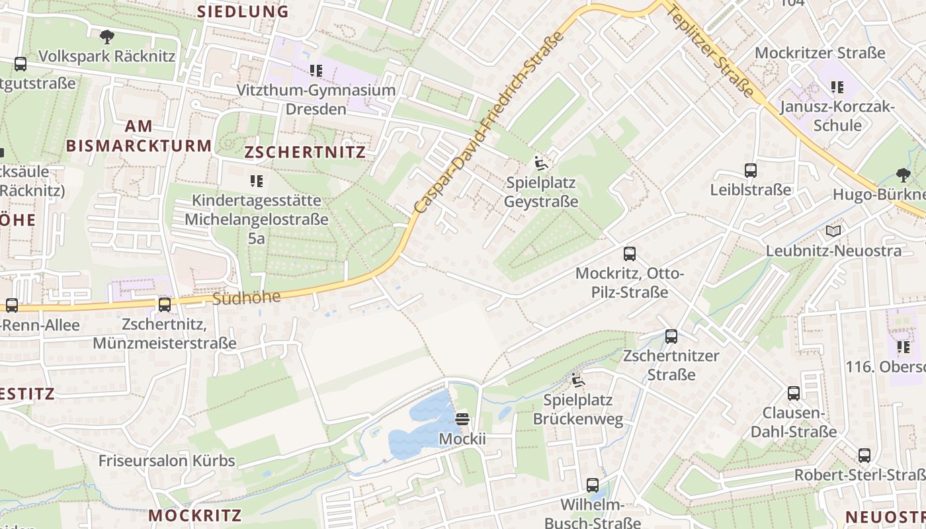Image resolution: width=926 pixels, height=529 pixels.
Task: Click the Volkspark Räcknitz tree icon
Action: (x=106, y=36)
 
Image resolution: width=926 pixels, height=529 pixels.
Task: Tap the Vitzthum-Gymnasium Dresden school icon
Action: (x=316, y=70)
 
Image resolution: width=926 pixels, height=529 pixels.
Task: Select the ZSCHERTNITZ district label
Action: (x=305, y=152)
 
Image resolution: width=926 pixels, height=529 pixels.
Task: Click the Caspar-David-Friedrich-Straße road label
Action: (x=489, y=122)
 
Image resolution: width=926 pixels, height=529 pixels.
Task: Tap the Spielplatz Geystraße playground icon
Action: (x=540, y=163)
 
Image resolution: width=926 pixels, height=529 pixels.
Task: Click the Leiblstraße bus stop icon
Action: (x=751, y=171)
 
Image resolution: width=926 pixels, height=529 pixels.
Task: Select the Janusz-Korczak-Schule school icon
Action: (x=837, y=87)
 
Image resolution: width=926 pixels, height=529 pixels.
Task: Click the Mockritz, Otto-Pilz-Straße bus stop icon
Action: (x=630, y=254)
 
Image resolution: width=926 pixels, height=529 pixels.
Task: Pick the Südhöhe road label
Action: (x=247, y=298)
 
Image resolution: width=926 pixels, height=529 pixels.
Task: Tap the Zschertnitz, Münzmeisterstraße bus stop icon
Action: (x=164, y=305)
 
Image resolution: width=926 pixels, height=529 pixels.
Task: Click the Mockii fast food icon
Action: (x=462, y=419)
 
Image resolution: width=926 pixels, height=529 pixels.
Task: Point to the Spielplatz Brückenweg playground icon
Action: (x=578, y=381)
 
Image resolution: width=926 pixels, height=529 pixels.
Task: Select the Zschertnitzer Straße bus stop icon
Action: (x=671, y=337)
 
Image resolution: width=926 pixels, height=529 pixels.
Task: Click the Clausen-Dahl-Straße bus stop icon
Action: (x=794, y=394)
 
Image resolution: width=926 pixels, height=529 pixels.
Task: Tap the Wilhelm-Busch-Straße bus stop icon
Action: (x=593, y=485)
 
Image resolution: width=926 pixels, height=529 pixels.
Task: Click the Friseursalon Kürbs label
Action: (x=167, y=461)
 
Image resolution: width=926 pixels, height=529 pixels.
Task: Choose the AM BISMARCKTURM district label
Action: (x=139, y=136)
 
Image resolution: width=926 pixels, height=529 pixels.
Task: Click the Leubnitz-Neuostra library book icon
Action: (x=833, y=231)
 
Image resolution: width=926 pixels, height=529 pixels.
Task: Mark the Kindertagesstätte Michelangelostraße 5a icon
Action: (x=257, y=181)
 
